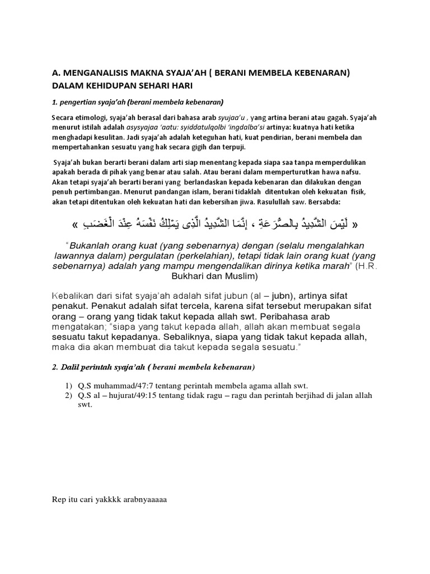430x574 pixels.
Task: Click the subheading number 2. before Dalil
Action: (54, 367)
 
